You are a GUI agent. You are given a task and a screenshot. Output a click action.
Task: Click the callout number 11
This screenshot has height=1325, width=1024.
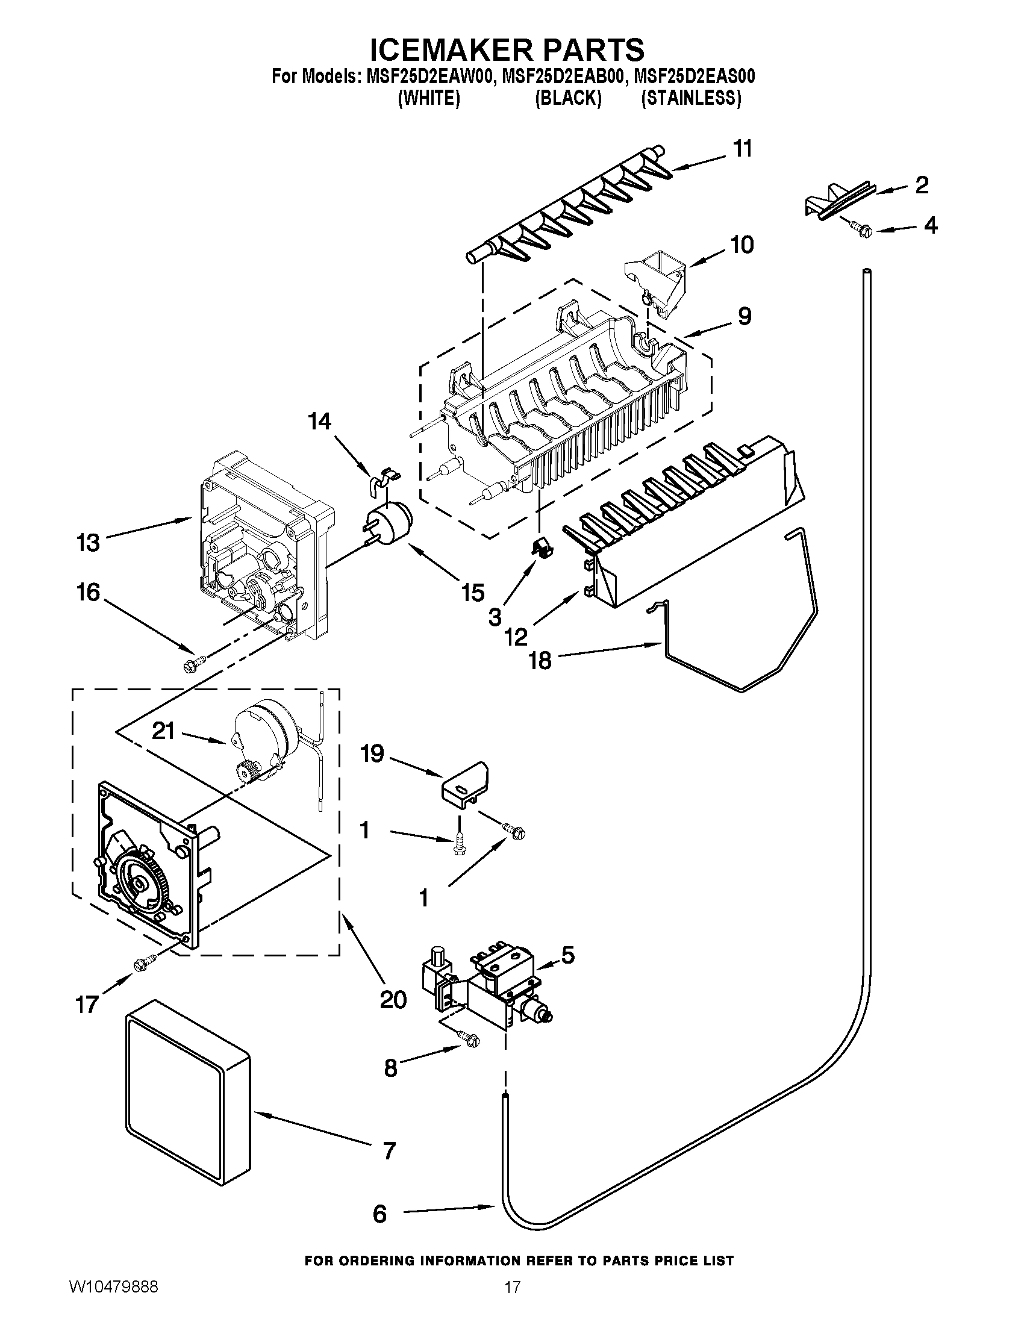pyautogui.click(x=743, y=149)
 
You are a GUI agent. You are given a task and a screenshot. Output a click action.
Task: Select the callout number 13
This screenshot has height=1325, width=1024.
pyautogui.click(x=88, y=542)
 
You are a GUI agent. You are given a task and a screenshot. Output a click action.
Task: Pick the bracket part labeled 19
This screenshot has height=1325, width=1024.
pyautogui.click(x=464, y=786)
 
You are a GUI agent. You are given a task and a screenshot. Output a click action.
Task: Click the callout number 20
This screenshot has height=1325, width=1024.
pyautogui.click(x=393, y=999)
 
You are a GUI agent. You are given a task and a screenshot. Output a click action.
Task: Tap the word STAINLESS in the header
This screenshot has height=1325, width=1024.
pyautogui.click(x=691, y=98)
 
